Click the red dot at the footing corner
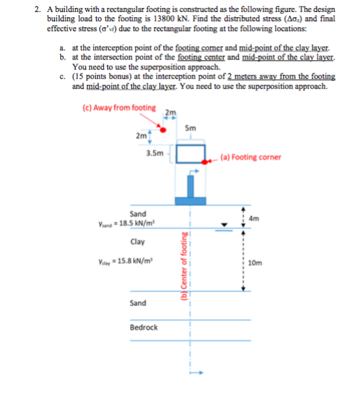[204, 162]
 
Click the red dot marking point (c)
[163, 130]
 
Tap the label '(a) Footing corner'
[251, 158]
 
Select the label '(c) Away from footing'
[119, 108]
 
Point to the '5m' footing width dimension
[191, 128]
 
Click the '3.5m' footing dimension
[155, 153]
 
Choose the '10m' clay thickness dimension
[255, 263]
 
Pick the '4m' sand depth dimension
[254, 219]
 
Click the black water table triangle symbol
[224, 224]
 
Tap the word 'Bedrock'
[144, 328]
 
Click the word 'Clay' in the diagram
[138, 242]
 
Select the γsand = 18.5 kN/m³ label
[126, 224]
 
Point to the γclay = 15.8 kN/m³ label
[126, 261]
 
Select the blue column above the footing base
[191, 186]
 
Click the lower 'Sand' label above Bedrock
[138, 303]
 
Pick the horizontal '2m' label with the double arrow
[171, 112]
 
